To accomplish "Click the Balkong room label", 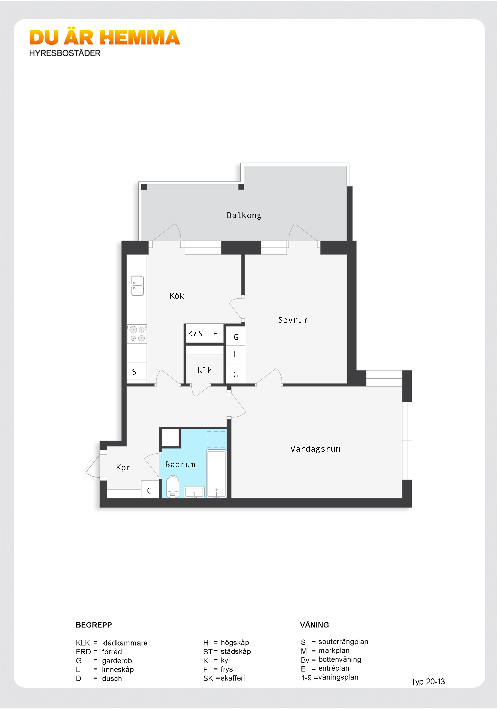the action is click(244, 215).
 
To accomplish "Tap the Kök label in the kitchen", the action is click(177, 296).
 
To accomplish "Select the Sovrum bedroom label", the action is click(293, 320).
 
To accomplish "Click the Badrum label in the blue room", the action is click(180, 464).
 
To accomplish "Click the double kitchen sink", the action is click(137, 286).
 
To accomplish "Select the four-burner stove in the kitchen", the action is click(137, 334).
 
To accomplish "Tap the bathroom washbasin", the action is click(194, 492).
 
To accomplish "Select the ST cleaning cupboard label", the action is click(136, 372).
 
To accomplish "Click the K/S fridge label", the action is click(195, 334).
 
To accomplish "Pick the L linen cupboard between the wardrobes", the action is click(236, 355).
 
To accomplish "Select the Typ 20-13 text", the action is click(428, 682).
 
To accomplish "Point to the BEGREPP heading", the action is click(94, 625).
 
